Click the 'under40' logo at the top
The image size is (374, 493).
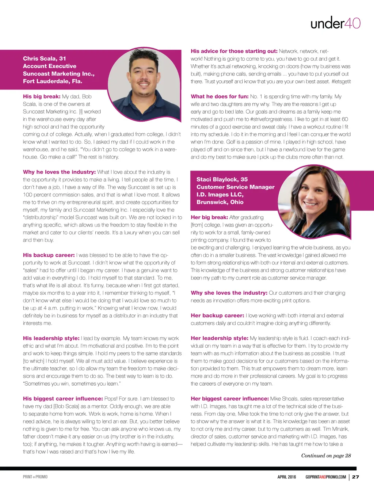click(x=335, y=23)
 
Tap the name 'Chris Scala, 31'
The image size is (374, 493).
click(x=45, y=58)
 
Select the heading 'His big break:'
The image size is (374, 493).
click(x=42, y=96)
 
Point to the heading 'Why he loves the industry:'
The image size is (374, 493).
click(x=59, y=172)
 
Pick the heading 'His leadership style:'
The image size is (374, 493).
click(x=51, y=338)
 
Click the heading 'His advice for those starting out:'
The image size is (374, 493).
click(x=234, y=51)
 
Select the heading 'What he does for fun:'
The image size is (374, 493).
click(x=220, y=96)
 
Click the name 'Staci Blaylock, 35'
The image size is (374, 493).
click(x=222, y=179)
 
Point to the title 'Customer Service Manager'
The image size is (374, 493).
click(x=236, y=187)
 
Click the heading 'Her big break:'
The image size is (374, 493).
click(x=209, y=217)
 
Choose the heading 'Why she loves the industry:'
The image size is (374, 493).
click(x=229, y=293)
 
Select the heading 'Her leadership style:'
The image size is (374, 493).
click(x=220, y=338)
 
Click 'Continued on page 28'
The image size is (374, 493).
click(x=326, y=455)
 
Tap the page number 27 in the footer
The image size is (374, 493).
click(x=355, y=477)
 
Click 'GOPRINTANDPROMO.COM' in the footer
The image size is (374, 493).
click(x=325, y=477)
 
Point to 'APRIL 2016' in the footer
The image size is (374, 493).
click(x=287, y=477)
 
